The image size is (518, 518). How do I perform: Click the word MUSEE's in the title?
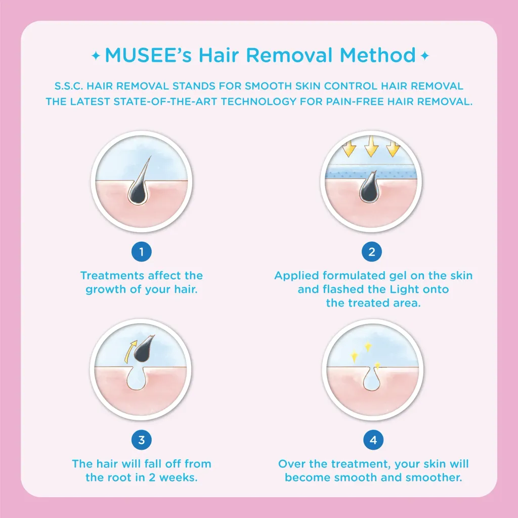[148, 55]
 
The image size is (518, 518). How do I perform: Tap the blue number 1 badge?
[142, 252]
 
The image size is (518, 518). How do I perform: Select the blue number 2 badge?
[372, 252]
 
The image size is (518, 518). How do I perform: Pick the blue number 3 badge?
[142, 440]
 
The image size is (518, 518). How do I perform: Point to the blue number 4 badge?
[373, 440]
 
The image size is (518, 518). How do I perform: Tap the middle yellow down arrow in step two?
[371, 146]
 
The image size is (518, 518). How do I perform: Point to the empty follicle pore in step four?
[372, 380]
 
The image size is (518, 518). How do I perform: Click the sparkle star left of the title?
[96, 56]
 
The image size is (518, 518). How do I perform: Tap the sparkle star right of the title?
[425, 56]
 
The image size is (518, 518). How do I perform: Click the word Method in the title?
[377, 55]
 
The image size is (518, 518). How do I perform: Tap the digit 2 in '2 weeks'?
[152, 478]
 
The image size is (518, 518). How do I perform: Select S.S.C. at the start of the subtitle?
[68, 86]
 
